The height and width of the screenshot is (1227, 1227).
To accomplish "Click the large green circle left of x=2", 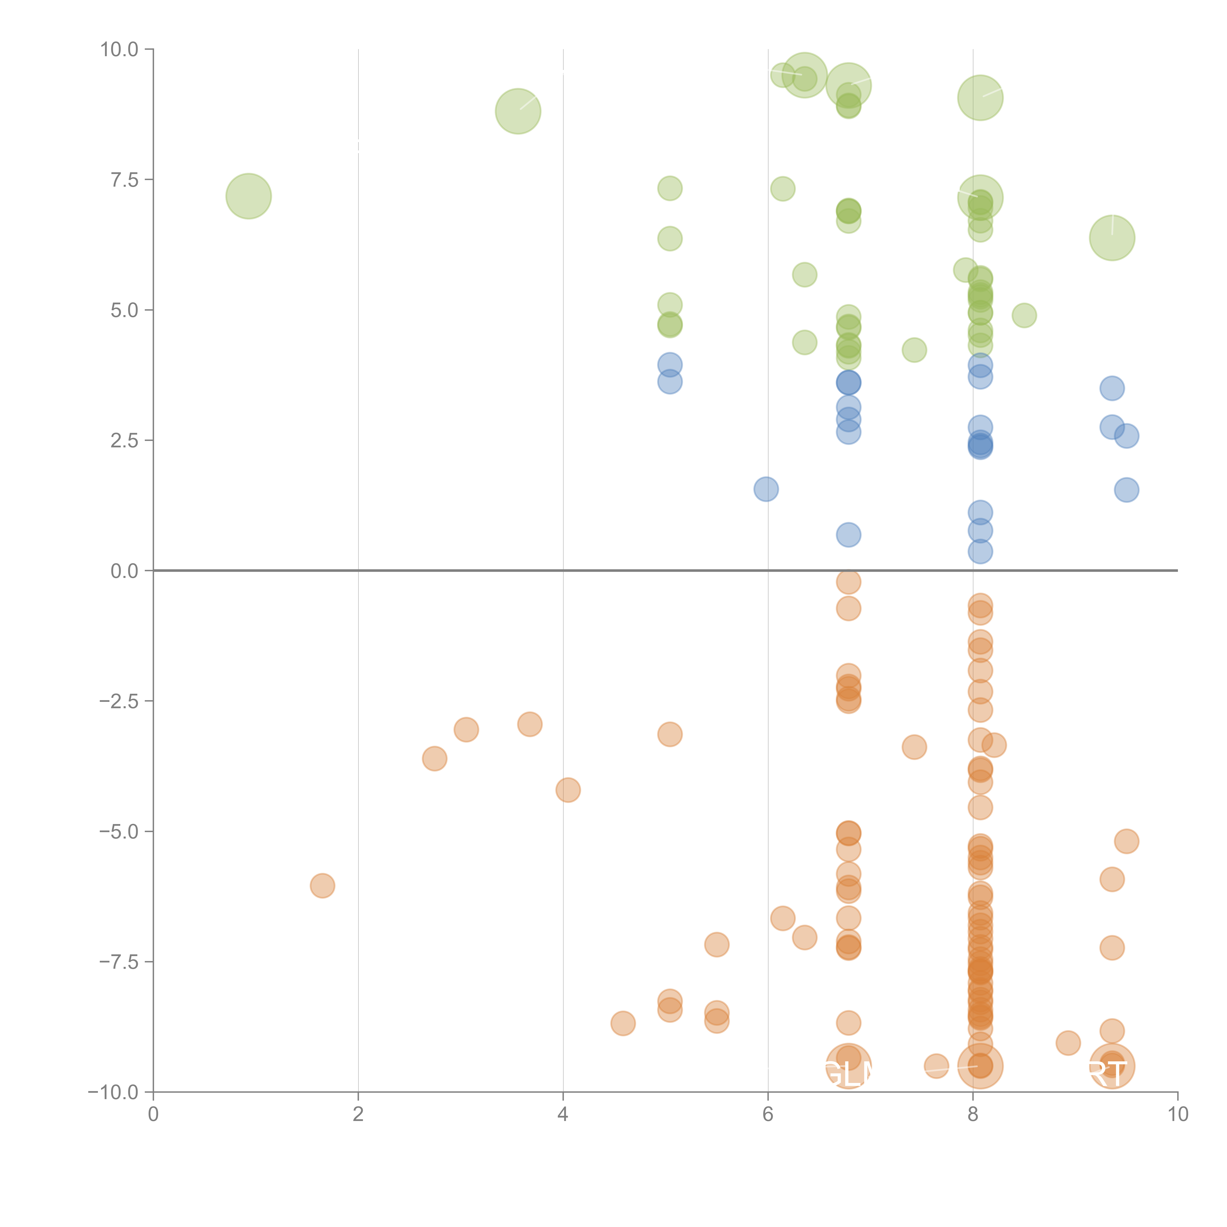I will (248, 196).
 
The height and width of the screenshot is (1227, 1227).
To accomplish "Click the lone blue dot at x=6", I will (766, 489).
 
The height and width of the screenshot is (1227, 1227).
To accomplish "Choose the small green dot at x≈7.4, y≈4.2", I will (914, 350).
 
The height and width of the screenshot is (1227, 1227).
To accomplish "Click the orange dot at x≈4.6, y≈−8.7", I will (622, 1023).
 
